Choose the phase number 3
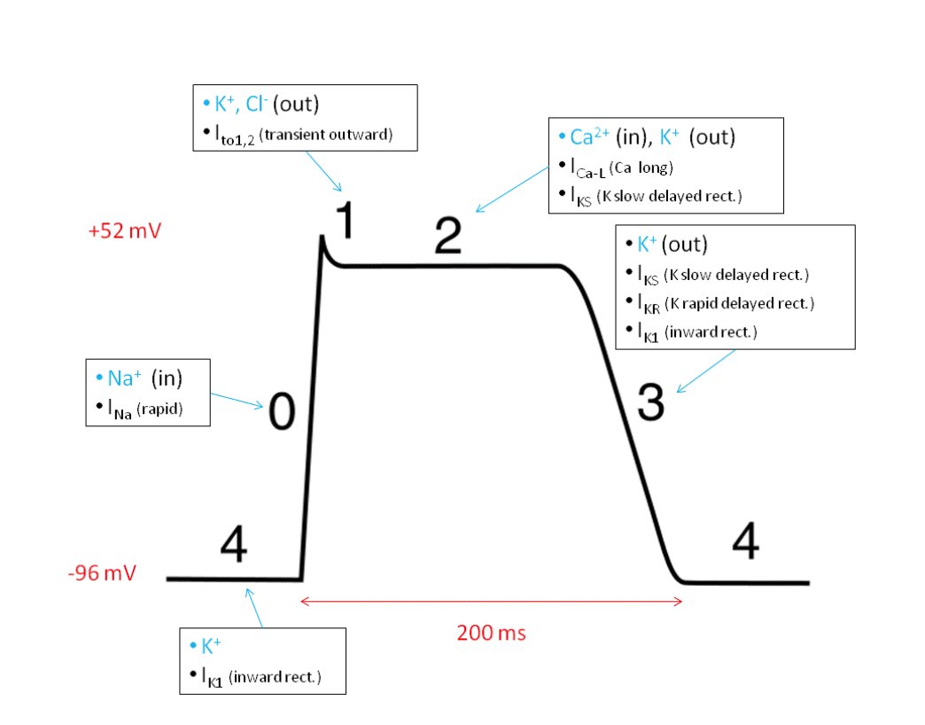tap(650, 404)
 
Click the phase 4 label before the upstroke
tap(233, 548)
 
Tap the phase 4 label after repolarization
tap(745, 542)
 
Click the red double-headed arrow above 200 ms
tap(492, 602)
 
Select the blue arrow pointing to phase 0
tap(237, 398)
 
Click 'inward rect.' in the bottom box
tap(275, 678)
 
